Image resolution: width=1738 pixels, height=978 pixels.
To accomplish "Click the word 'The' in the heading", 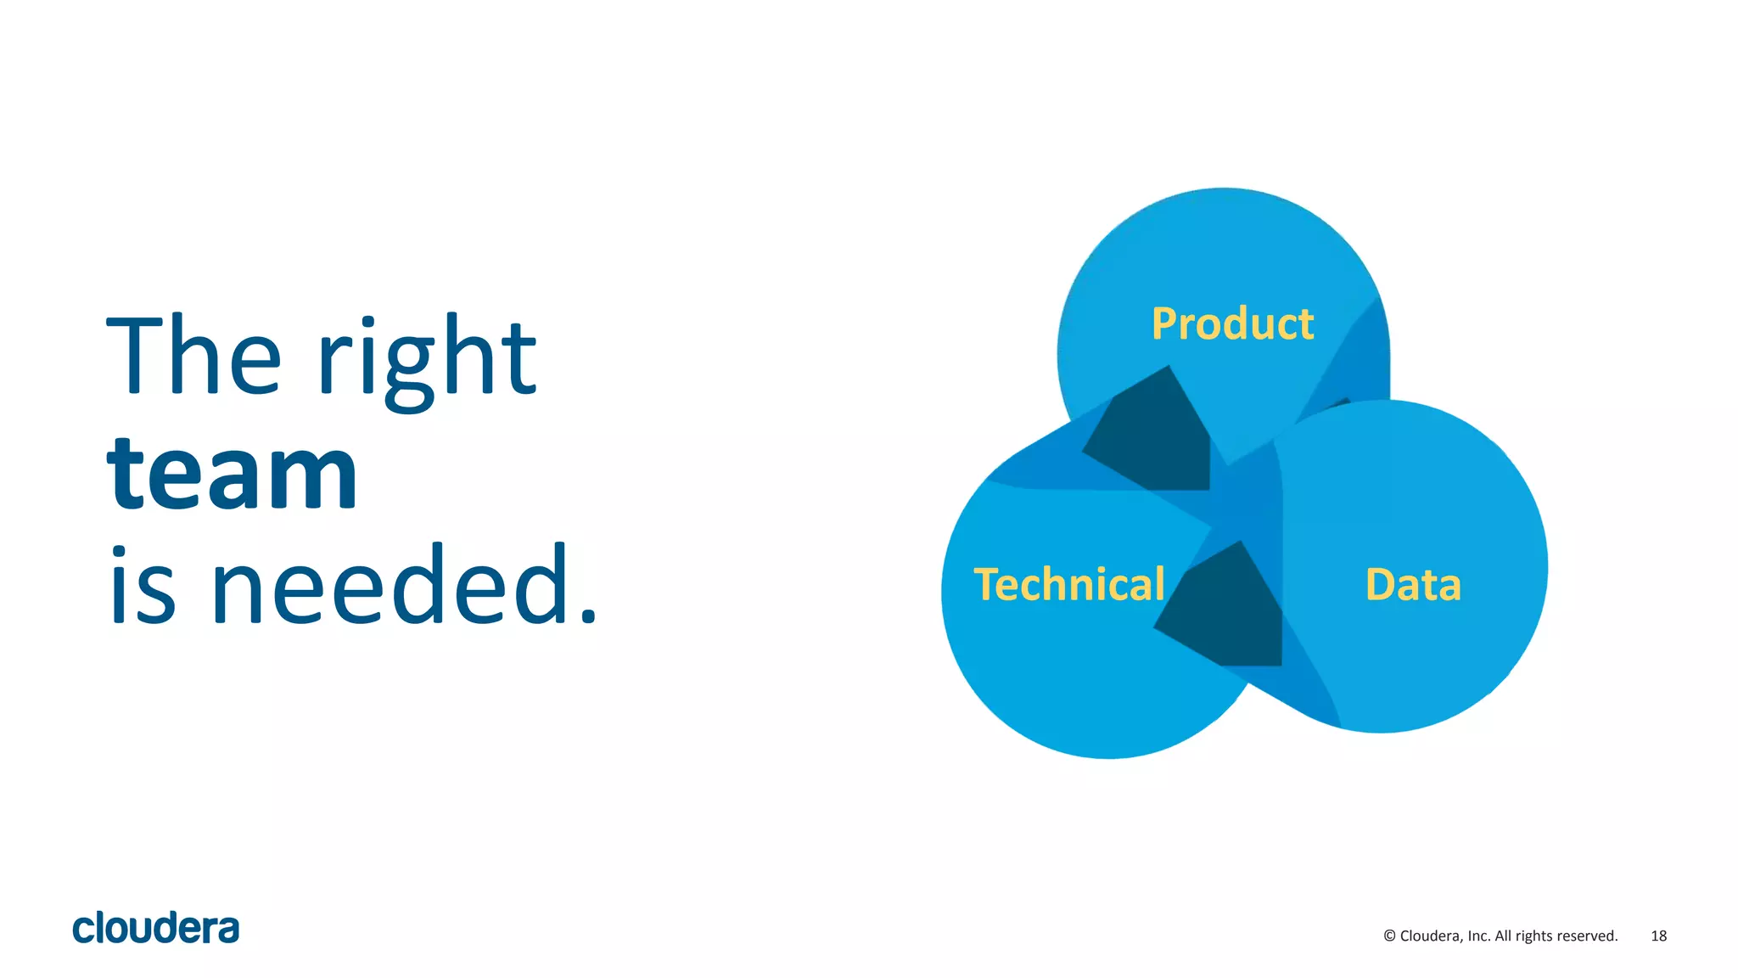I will click(x=193, y=356).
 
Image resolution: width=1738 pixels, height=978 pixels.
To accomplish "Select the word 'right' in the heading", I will click(x=427, y=361).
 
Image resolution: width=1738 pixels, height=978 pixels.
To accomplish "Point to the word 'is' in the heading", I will click(x=143, y=586).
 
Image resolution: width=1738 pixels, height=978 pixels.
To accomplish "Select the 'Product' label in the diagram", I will click(x=1232, y=323).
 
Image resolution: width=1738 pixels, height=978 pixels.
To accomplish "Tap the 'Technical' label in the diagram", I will click(x=1069, y=585).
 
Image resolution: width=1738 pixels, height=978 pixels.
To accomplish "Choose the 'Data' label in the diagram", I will click(x=1413, y=585).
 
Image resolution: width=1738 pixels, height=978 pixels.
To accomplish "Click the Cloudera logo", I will click(x=156, y=928).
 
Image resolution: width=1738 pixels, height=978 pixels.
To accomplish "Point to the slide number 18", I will click(x=1658, y=936).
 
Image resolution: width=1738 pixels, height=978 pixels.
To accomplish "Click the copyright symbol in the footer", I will click(x=1389, y=936).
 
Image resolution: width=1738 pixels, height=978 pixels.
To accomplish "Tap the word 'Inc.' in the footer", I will click(x=1478, y=936).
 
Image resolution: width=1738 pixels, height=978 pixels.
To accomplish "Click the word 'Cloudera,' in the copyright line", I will click(x=1432, y=936).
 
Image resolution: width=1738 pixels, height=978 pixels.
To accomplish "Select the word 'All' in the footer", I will click(x=1503, y=936).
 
